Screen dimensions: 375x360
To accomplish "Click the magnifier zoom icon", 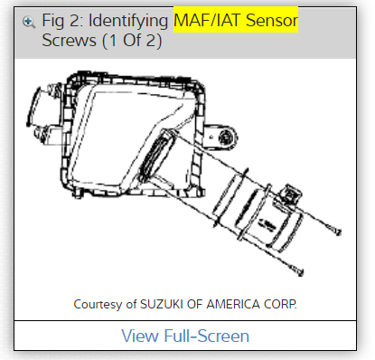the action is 29,23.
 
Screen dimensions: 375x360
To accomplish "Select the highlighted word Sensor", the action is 272,21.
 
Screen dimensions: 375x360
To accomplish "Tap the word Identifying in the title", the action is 128,22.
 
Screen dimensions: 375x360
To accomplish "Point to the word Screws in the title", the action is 69,41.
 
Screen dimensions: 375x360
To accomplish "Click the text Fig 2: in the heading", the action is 62,22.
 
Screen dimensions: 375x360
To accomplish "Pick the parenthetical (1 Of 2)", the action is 132,41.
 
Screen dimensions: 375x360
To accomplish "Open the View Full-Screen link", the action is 185,336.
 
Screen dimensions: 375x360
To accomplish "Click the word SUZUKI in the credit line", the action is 162,304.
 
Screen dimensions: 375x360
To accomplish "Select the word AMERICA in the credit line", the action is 233,304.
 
